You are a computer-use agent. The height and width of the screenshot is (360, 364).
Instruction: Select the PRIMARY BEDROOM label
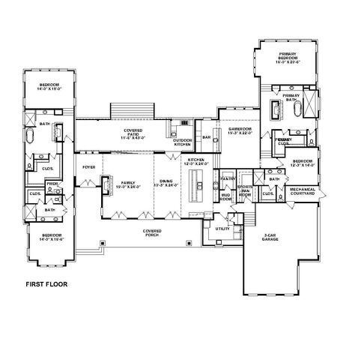290,57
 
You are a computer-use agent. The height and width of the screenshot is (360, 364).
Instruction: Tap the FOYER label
88,166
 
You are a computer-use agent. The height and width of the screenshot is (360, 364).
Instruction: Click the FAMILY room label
128,185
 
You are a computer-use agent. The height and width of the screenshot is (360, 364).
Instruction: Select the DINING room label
167,185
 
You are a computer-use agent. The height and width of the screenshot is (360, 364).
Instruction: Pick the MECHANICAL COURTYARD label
309,191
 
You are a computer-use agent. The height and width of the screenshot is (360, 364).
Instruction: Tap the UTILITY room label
222,228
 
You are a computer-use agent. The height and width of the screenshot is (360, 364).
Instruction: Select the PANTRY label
228,178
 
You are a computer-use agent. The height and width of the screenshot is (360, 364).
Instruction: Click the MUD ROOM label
225,198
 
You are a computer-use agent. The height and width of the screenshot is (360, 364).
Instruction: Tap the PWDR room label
52,184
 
